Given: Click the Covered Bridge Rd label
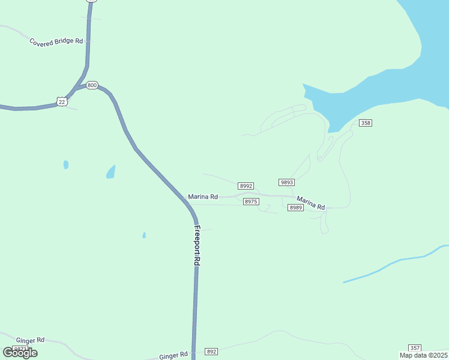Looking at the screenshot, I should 56,41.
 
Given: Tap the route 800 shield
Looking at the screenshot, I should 91,85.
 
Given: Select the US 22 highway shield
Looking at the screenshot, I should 62,101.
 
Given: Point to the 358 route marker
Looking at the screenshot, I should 366,123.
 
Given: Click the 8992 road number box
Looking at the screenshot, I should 246,186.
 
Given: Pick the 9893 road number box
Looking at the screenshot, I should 286,182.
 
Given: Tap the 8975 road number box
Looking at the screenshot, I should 251,202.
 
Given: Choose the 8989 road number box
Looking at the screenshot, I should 295,208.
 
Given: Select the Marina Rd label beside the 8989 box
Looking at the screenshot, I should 311,203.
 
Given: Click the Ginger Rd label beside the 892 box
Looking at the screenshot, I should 173,356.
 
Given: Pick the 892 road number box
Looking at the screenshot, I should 211,351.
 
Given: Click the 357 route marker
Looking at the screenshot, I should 414,348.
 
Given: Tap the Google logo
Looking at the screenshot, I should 20,353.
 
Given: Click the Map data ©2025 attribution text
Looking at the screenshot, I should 423,355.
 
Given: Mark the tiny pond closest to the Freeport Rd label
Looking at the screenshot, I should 144,235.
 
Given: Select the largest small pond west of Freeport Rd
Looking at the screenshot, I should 111,172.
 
